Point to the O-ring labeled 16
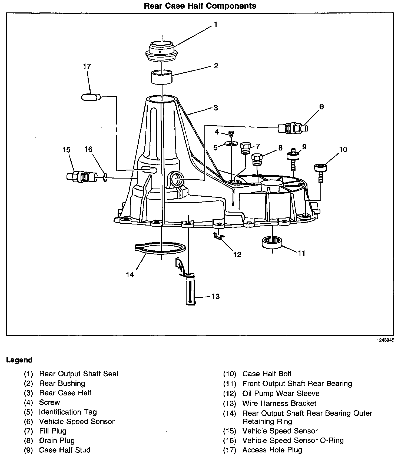point(105,178)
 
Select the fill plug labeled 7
point(246,148)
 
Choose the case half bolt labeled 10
point(321,172)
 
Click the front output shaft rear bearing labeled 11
point(272,241)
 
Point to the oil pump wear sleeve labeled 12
point(218,235)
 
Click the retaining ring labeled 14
point(160,248)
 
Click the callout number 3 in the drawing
point(215,108)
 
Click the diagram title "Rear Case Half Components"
point(200,6)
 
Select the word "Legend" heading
point(19,360)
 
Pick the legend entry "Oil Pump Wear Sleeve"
point(281,394)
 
